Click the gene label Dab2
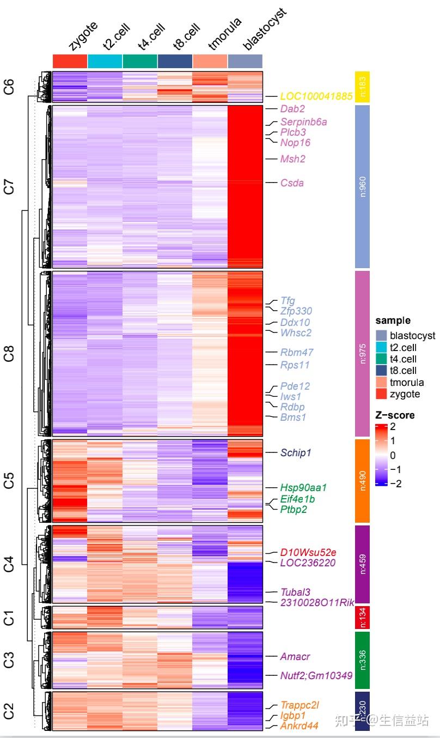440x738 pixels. [292, 109]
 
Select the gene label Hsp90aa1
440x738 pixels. [303, 487]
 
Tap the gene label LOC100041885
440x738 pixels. [316, 96]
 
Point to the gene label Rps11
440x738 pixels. [295, 365]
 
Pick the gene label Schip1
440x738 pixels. [296, 452]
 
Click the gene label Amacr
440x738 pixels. [295, 656]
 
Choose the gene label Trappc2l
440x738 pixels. [300, 705]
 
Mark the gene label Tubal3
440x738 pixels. [295, 592]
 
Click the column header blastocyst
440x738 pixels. [264, 31]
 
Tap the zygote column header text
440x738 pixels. [83, 35]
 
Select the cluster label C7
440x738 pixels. [9, 186]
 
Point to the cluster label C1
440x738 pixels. [9, 618]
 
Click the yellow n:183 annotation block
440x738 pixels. [362, 87]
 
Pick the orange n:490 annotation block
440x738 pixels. [362, 481]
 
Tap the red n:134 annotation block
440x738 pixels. [362, 618]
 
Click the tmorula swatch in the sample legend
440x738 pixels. [381, 383]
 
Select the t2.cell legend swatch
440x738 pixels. [381, 347]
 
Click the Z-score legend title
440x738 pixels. [395, 415]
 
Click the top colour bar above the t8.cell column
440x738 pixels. [175, 61]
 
